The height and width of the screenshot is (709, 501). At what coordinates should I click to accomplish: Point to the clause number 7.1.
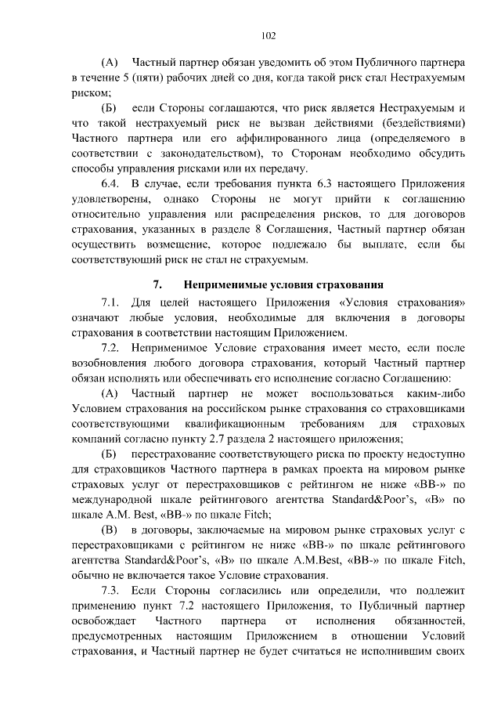[113, 303]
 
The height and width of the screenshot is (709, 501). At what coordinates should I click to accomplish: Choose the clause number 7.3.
[113, 589]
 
